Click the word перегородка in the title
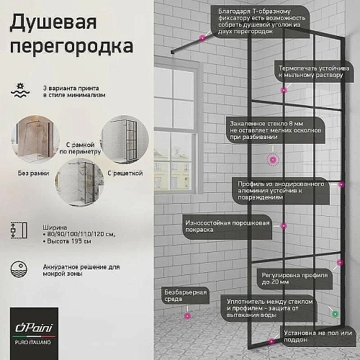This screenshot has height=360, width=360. (71, 47)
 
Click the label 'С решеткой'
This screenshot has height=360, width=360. (125, 174)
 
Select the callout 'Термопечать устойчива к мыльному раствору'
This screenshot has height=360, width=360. (315, 71)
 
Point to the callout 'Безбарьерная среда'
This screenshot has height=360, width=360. (176, 296)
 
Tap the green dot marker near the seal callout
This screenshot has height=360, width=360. (335, 313)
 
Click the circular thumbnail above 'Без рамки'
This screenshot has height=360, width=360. (31, 138)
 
